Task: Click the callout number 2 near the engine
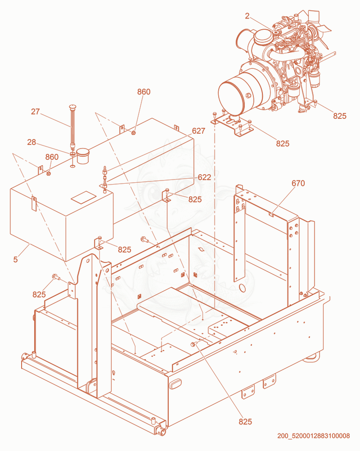click(247, 16)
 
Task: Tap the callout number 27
click(36, 112)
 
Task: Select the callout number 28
click(31, 142)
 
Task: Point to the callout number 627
click(199, 131)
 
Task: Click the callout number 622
click(204, 177)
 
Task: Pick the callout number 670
click(298, 183)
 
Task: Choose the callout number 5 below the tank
click(16, 259)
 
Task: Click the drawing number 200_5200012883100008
click(313, 436)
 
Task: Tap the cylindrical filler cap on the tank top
click(83, 156)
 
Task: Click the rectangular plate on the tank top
click(83, 198)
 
